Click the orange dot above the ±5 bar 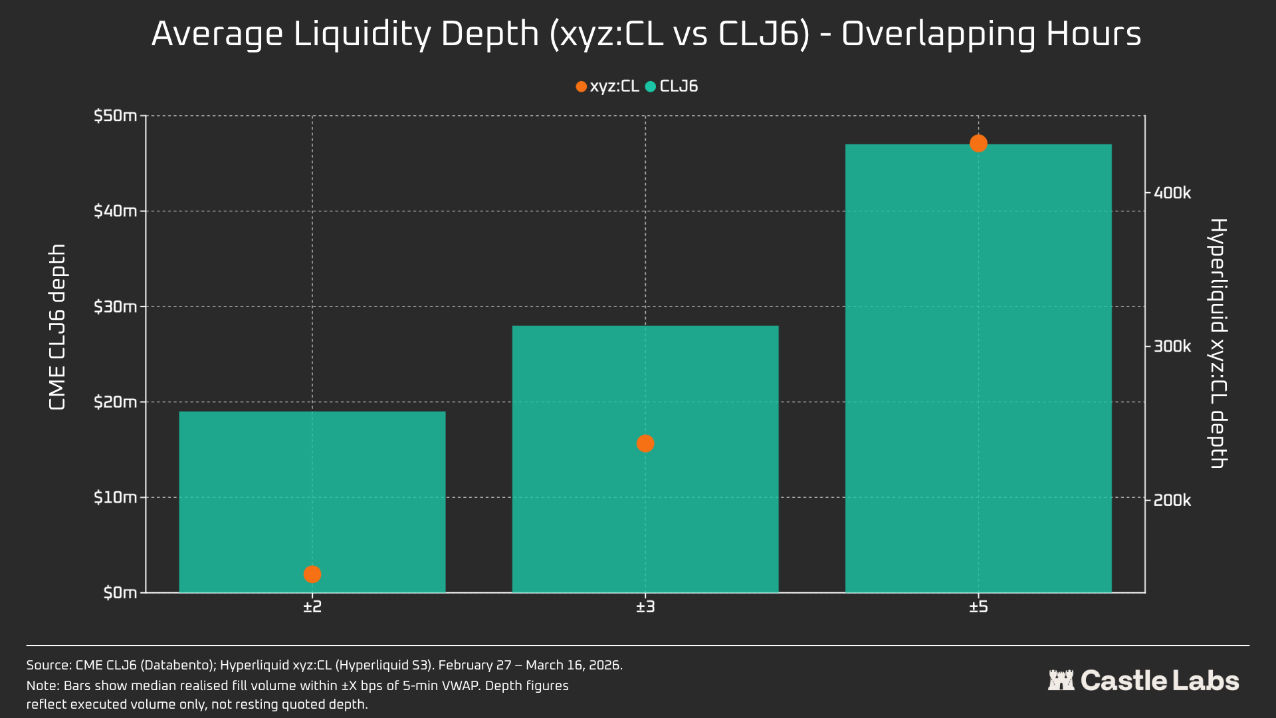coord(978,143)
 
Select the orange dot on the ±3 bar coord(645,443)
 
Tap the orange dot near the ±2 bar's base coord(312,574)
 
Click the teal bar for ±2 coord(312,492)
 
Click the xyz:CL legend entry coord(607,86)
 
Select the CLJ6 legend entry coord(672,86)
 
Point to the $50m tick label coord(115,116)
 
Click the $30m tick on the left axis coord(115,306)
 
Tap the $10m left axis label coord(115,497)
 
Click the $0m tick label coord(120,592)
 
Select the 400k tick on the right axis coord(1172,193)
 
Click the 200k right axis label coord(1172,500)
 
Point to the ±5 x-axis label coord(978,607)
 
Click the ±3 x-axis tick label coord(645,607)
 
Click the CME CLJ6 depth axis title coord(58,326)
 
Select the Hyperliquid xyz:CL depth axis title coord(1218,343)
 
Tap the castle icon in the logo coord(1061,680)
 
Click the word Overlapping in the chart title coord(938,35)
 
